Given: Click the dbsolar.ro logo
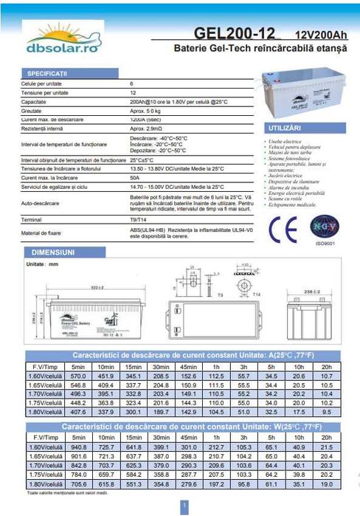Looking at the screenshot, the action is pyautogui.click(x=53, y=41).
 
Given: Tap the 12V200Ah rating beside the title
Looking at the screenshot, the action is pyautogui.click(x=319, y=35).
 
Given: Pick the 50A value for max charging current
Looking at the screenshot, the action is pyautogui.click(x=134, y=177).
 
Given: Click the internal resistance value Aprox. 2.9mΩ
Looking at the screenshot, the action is pyautogui.click(x=145, y=128).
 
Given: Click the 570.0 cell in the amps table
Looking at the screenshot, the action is pyautogui.click(x=79, y=376).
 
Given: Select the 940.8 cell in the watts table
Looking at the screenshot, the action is pyautogui.click(x=79, y=447).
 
